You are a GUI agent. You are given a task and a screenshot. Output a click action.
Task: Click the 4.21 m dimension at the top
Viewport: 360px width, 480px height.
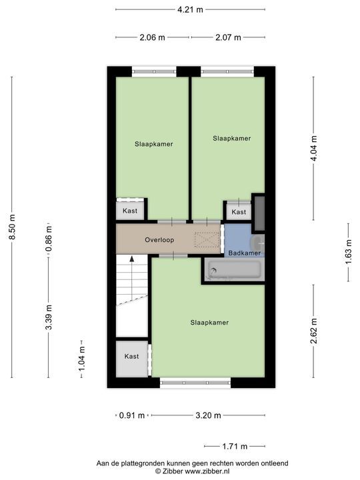(190, 10)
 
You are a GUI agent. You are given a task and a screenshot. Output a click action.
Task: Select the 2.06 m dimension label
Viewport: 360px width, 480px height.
(152, 37)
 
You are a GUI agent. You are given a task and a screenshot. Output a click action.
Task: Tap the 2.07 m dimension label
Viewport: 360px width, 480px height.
(228, 37)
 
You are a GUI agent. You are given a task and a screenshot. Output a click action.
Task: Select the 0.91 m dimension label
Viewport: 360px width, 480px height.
(131, 416)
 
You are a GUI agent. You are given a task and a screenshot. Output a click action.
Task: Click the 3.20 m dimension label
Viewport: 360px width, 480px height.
(208, 416)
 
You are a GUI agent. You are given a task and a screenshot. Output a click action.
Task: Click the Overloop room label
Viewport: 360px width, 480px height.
(159, 239)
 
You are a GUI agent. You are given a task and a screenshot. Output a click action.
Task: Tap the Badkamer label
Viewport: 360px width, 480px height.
(244, 253)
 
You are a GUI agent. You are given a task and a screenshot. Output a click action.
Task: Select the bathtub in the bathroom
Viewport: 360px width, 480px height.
(233, 269)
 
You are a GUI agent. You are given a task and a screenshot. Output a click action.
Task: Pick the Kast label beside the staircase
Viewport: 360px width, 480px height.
(131, 356)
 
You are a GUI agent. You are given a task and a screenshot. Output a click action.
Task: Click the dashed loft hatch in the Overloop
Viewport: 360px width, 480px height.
(207, 239)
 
